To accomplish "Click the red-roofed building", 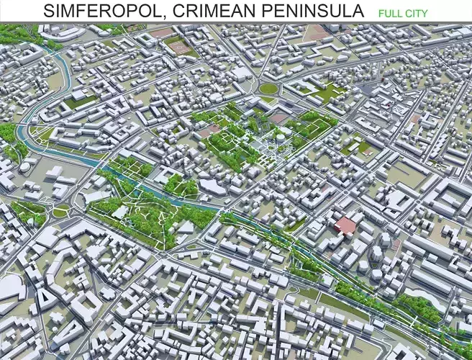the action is [x=346, y=225].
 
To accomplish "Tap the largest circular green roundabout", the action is [x=268, y=89].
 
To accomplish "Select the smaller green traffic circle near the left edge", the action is [x=60, y=212].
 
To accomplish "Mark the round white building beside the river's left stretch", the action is [x=26, y=166].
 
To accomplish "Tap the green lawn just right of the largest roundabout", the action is [x=327, y=93].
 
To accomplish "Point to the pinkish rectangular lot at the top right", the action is [x=317, y=32].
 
